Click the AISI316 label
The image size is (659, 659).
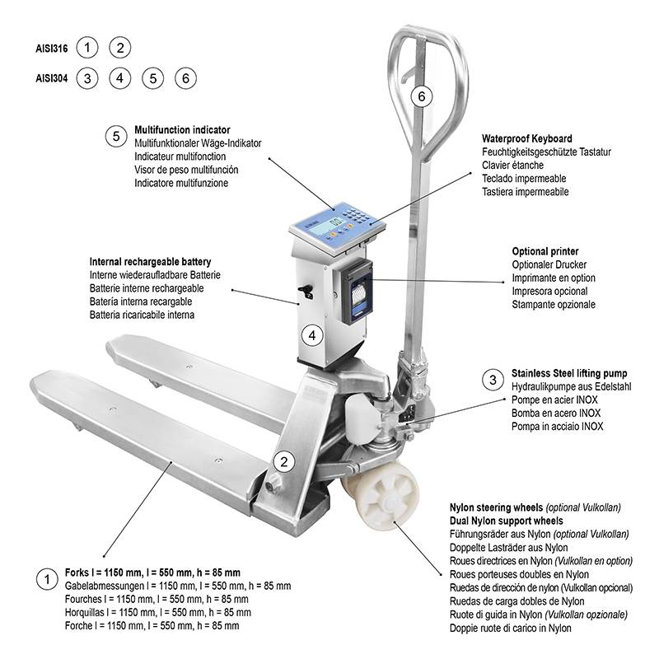52,49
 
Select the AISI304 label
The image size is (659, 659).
52,78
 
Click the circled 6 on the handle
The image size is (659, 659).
422,96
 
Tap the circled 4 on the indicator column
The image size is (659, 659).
312,335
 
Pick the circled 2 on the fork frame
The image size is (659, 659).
284,462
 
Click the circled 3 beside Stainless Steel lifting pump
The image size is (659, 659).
493,380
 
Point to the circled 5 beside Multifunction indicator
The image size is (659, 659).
116,137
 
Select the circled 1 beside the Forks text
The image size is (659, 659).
47,580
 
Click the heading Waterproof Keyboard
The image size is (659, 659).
527,138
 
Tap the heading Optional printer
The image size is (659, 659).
545,251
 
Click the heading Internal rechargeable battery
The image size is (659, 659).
150,262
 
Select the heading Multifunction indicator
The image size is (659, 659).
182,130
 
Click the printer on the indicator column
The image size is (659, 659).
357,292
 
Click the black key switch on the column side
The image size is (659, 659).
306,292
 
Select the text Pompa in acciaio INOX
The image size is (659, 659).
557,427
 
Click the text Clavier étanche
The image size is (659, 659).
512,166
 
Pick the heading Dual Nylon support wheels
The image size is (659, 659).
506,521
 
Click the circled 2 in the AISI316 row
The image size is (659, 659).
120,48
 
